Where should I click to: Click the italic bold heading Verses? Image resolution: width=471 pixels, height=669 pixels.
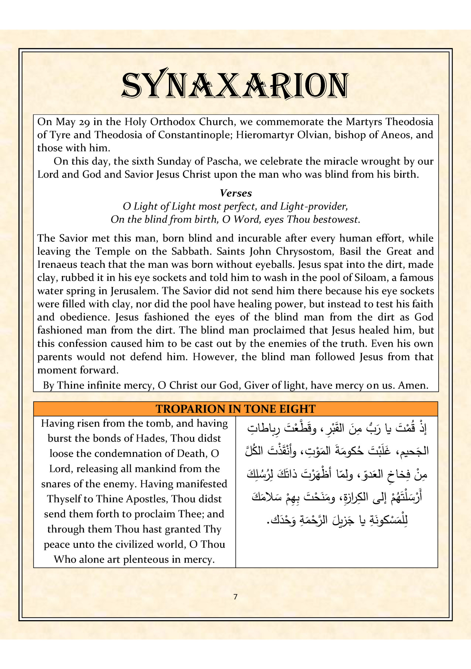tap(235, 193)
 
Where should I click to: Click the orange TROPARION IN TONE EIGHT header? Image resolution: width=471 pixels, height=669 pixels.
tap(235, 409)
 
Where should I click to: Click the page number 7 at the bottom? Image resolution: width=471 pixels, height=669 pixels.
tap(235, 597)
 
